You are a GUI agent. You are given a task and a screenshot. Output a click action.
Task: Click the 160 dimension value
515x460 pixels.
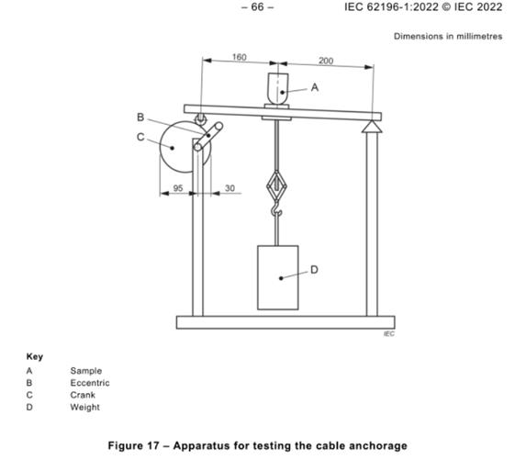click(239, 57)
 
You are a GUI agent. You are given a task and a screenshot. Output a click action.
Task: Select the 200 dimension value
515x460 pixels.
click(326, 61)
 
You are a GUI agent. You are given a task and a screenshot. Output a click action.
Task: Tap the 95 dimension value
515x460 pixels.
click(178, 188)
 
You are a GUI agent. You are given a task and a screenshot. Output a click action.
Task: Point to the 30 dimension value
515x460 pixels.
click(230, 188)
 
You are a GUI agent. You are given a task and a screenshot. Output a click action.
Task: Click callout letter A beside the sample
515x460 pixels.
click(315, 87)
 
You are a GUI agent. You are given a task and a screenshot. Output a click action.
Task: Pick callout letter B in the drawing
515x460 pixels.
click(140, 117)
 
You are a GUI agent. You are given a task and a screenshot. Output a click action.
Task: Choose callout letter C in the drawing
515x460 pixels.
click(140, 137)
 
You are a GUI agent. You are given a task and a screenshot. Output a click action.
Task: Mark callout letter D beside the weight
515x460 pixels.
click(314, 270)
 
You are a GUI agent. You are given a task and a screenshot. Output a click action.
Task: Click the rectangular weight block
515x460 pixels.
click(278, 277)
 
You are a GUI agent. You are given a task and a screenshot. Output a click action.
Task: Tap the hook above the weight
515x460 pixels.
click(277, 209)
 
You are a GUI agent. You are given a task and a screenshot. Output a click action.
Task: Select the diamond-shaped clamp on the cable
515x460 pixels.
click(277, 185)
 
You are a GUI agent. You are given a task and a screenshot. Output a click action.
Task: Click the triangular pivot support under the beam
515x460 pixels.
click(372, 127)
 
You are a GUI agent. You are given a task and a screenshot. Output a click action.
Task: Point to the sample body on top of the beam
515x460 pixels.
click(278, 89)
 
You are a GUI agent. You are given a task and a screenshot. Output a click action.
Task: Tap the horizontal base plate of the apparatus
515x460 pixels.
click(285, 322)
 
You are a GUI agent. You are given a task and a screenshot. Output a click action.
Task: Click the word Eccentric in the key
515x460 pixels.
click(90, 383)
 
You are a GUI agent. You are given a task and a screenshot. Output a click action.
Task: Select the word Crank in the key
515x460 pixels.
click(83, 395)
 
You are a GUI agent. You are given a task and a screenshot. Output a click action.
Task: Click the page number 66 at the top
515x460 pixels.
click(257, 7)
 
